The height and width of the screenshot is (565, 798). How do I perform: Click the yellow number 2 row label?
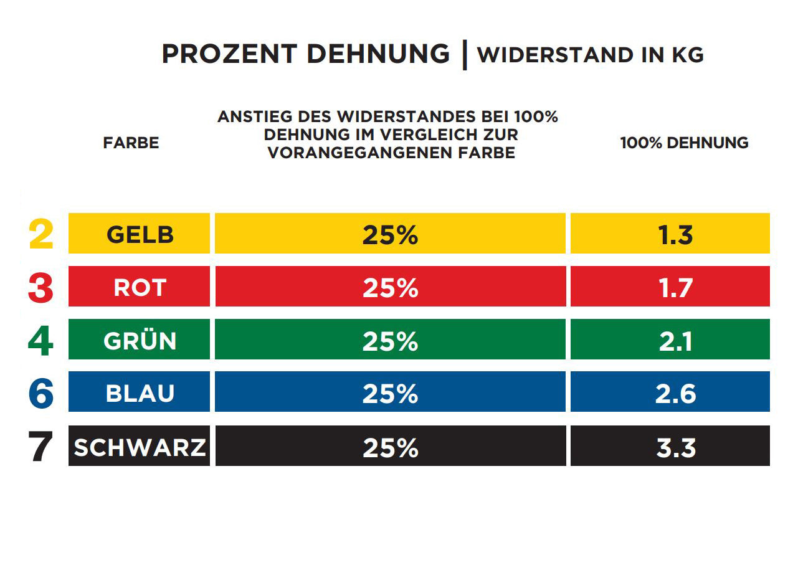41,234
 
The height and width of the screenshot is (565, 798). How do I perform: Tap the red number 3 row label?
41,288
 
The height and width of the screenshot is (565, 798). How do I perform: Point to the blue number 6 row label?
41,393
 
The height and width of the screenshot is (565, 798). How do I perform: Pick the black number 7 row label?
41,447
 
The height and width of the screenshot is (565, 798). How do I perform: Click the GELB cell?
140,234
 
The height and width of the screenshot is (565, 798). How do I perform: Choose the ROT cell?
140,287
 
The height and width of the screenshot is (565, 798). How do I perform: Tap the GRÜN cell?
140,340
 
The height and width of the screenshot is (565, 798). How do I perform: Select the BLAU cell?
140,393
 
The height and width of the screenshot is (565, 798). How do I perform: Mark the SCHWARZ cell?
140,447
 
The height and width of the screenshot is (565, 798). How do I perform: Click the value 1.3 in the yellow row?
675,235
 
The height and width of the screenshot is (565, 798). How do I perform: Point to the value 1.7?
675,288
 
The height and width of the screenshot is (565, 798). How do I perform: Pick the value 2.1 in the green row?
675,341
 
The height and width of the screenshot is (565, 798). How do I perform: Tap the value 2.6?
675,394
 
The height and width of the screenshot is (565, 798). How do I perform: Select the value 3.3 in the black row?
675,447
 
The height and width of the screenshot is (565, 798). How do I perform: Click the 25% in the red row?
390,288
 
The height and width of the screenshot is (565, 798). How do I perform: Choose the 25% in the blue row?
390,394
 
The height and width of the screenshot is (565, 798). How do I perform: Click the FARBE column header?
131,143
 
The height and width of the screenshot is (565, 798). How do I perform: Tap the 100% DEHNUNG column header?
684,143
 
